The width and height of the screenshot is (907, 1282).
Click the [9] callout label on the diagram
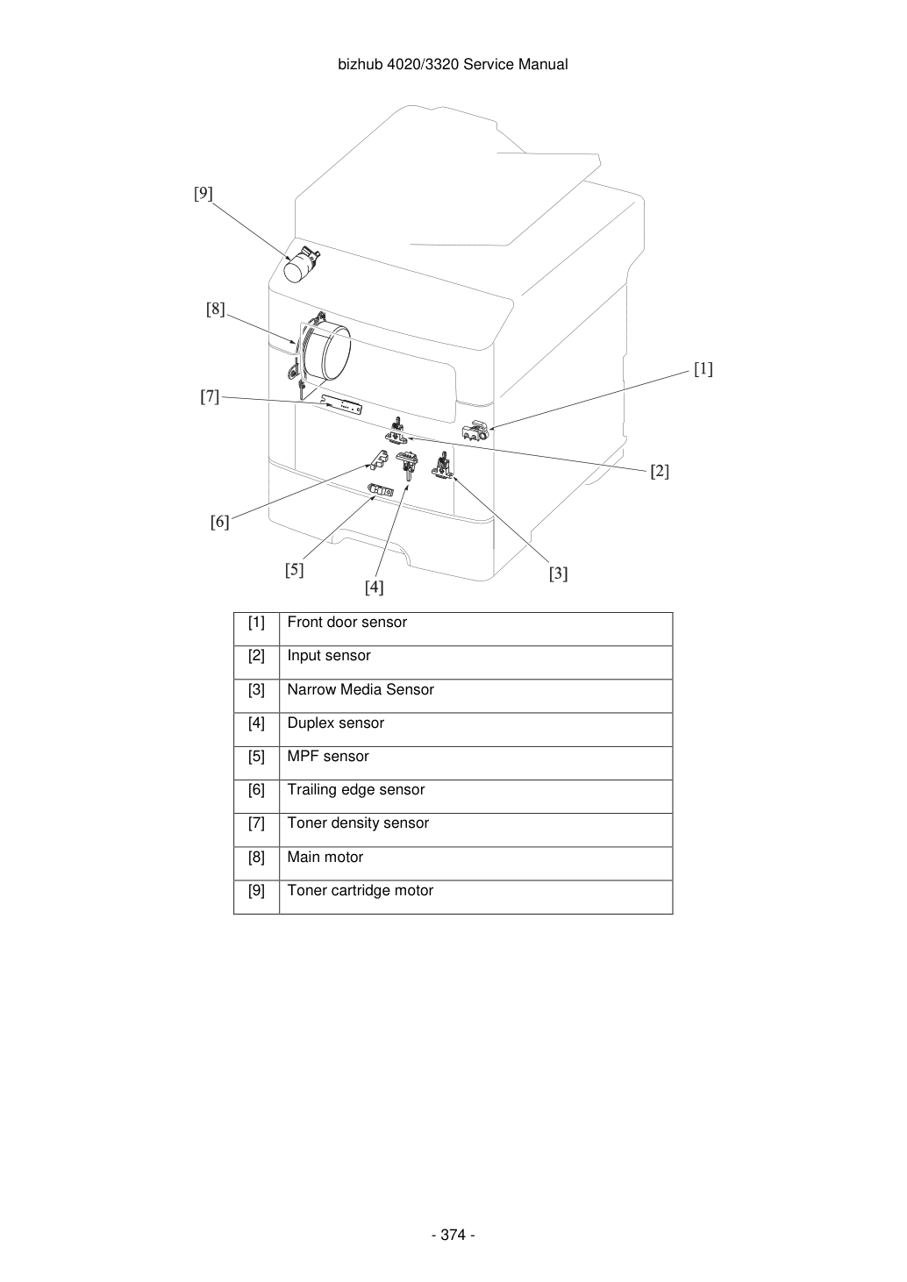(204, 194)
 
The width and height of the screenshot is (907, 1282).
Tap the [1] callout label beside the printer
(703, 369)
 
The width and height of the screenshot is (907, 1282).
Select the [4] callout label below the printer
(375, 588)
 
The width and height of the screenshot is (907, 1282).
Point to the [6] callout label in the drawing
(220, 522)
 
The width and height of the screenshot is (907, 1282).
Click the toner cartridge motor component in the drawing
(302, 265)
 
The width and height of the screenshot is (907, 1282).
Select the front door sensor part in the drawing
(475, 430)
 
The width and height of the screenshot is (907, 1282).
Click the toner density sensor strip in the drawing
(342, 404)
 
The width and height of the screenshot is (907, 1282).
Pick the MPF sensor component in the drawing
(381, 491)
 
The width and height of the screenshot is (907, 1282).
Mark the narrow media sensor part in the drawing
(441, 464)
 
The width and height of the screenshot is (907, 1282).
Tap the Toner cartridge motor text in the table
(361, 891)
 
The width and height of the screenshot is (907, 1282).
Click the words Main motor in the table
(325, 857)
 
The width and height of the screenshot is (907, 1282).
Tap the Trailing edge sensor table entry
(355, 790)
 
